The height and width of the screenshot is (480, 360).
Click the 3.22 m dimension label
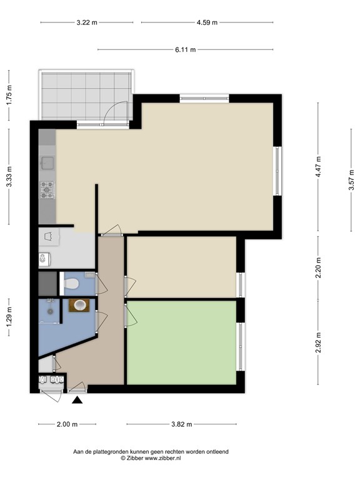point(87,22)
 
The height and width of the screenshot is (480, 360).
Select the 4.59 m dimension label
point(207,22)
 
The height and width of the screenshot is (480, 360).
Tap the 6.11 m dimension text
point(185,49)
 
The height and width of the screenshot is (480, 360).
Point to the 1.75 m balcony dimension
point(9,95)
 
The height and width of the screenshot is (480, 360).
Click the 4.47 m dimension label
point(319,167)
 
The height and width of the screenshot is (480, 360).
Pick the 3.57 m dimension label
point(351,180)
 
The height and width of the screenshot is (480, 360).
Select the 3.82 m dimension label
point(181,424)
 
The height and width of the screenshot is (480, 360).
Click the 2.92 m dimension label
point(319,342)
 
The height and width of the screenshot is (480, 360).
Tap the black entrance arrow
point(77,400)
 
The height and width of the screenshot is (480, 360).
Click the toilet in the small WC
point(71,284)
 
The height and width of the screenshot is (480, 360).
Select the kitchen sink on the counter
point(47,162)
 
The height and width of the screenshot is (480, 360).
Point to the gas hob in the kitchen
point(47,190)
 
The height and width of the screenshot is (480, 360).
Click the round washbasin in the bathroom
point(79,305)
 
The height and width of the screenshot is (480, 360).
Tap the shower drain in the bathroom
point(50,311)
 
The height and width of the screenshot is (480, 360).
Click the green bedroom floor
point(181,342)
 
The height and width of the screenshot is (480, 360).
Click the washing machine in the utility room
point(44,259)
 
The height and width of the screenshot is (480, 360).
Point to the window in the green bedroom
point(241,346)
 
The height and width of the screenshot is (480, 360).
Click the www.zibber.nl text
point(162,458)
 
